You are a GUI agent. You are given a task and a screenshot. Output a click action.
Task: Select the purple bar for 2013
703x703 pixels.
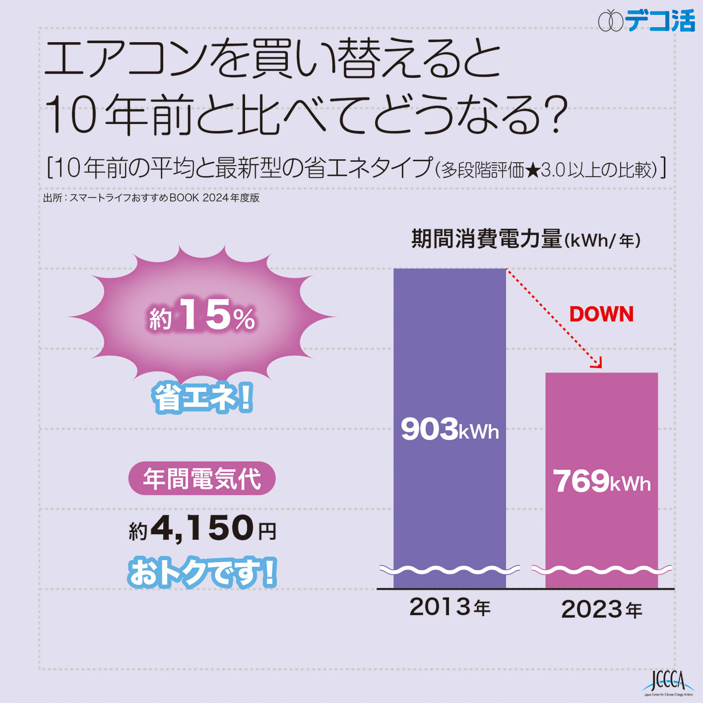coord(449,351)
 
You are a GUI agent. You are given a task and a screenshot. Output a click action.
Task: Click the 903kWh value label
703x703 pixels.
coord(449,430)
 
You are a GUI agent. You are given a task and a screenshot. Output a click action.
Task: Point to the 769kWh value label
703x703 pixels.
coord(602,482)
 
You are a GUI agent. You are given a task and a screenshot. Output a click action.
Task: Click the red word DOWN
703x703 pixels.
coord(601,314)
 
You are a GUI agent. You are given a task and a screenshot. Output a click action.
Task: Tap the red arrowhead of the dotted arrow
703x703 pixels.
coord(597,364)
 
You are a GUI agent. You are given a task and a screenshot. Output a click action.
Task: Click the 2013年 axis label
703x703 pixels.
coord(449,607)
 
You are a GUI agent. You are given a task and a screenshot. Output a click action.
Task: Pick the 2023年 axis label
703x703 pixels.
coord(602,610)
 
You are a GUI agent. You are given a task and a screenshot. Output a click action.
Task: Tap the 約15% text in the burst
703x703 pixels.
coord(202,316)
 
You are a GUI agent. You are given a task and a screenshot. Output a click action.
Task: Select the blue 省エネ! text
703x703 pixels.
coord(202,398)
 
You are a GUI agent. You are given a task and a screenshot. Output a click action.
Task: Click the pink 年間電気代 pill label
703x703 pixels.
coord(202,479)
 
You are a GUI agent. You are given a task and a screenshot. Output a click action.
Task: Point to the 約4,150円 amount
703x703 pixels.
coord(202,529)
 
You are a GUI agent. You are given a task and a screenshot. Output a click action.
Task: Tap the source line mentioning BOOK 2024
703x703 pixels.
coord(151,198)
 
